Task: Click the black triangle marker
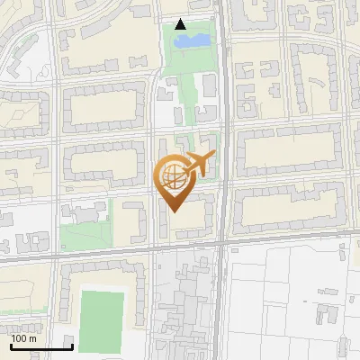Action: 180,24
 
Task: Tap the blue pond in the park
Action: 192,40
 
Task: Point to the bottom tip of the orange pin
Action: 174,211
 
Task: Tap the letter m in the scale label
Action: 33,338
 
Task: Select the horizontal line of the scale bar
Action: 41,346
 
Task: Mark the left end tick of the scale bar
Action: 11,345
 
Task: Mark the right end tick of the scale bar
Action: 72,345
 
